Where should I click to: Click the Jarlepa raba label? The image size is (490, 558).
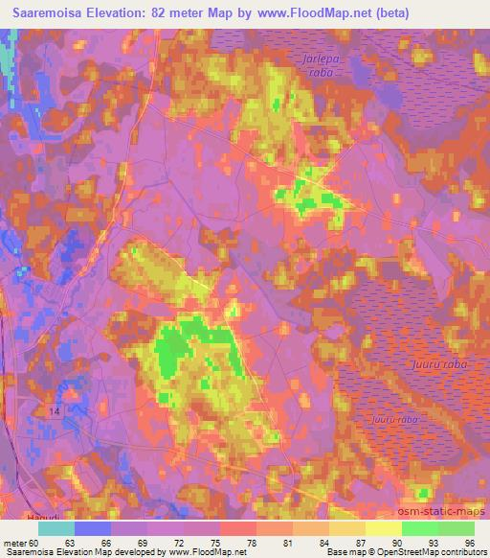coord(309,64)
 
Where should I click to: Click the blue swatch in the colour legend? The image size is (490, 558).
coord(94,528)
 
